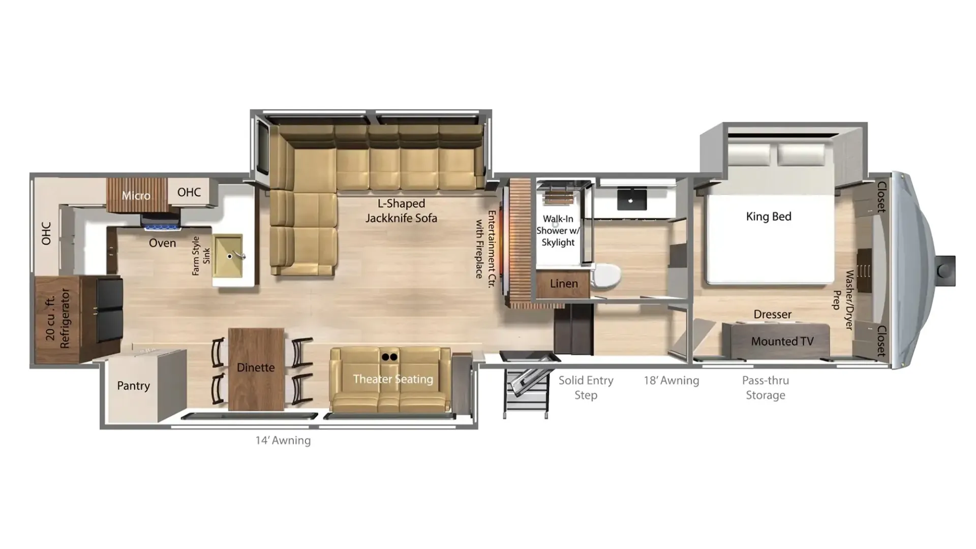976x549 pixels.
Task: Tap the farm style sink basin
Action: [227, 256]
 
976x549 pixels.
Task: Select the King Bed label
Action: [769, 217]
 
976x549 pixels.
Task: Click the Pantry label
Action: [133, 386]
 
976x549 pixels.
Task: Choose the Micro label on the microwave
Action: [136, 196]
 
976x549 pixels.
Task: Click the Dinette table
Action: [256, 369]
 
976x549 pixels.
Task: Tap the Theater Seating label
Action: [393, 379]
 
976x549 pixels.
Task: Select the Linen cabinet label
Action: [564, 284]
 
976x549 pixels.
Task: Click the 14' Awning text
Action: [283, 440]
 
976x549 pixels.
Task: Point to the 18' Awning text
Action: [672, 380]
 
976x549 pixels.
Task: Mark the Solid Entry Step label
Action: [586, 388]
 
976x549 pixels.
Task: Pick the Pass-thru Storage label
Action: [766, 388]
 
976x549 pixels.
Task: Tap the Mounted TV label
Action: [782, 342]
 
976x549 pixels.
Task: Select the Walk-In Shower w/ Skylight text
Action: [558, 231]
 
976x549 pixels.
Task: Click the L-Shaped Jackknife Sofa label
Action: [401, 210]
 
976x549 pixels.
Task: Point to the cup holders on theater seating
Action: [389, 357]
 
